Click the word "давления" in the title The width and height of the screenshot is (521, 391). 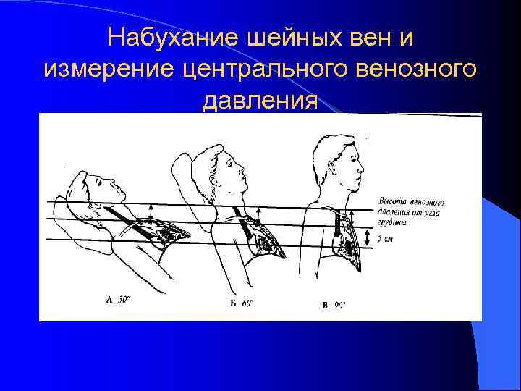260,101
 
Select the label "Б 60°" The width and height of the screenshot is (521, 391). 242,303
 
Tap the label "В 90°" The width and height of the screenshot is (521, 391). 334,306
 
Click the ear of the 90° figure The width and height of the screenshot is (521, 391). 332,161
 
